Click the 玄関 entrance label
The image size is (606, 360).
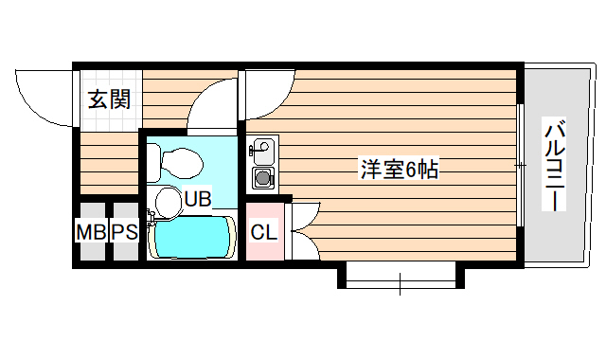[x=110, y=99]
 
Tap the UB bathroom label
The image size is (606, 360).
[x=198, y=199]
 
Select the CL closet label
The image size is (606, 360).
[x=264, y=230]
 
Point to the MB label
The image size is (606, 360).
[x=91, y=231]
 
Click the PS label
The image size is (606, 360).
[x=125, y=231]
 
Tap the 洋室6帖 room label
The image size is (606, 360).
[x=399, y=171]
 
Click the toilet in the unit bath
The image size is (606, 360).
[x=180, y=163]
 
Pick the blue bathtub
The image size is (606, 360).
[x=192, y=237]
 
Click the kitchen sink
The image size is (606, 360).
[x=261, y=149]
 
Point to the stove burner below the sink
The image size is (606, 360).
[x=261, y=176]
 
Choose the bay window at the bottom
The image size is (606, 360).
[x=401, y=276]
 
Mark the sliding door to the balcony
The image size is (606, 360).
[x=520, y=165]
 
